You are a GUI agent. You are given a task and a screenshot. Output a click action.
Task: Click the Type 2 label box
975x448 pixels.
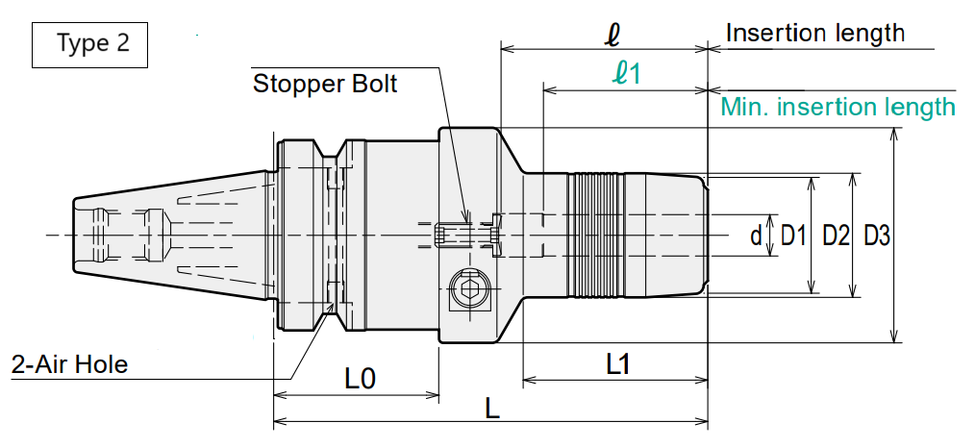(x=89, y=45)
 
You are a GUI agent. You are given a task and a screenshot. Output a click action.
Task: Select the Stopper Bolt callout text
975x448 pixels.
(x=325, y=84)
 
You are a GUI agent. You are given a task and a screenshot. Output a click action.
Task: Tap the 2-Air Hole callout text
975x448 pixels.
(x=69, y=364)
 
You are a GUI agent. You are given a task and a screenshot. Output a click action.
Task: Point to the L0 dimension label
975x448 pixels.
(x=360, y=378)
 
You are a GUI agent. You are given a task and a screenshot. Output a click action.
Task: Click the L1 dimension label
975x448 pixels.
(x=618, y=364)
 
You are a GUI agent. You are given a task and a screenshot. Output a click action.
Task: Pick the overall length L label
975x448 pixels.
(x=492, y=409)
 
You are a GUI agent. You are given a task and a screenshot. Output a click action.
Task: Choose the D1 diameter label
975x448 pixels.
(x=793, y=236)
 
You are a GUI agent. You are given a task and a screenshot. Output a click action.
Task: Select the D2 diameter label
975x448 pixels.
(x=836, y=236)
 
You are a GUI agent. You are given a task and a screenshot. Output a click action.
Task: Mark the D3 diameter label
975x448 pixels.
(x=877, y=236)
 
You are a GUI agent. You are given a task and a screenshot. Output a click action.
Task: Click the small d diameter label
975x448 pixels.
(x=756, y=236)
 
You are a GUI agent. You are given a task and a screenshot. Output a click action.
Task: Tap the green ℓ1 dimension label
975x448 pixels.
(x=626, y=73)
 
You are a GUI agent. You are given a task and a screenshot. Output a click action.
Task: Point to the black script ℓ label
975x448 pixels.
(x=612, y=36)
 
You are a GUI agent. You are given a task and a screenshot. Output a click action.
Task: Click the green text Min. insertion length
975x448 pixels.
(x=837, y=107)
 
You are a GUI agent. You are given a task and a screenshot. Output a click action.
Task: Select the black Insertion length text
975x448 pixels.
(x=815, y=33)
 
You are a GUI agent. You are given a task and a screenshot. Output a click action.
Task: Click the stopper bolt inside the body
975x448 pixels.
(x=451, y=236)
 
